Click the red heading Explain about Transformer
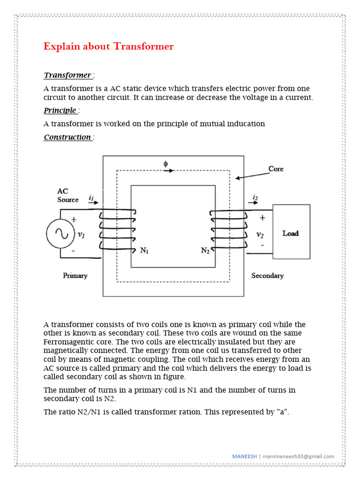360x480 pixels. click(108, 46)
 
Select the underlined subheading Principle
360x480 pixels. click(60, 111)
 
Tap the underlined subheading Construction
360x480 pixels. click(67, 137)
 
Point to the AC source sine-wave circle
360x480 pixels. click(60, 234)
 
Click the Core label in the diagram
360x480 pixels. click(276, 169)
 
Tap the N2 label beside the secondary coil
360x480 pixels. click(205, 250)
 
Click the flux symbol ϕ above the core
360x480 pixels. click(165, 164)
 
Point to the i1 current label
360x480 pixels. click(91, 198)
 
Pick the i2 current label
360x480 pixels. click(255, 198)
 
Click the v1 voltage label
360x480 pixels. click(81, 234)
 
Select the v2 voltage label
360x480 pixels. click(260, 235)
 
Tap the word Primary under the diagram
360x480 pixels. click(75, 276)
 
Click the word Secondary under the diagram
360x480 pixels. click(267, 276)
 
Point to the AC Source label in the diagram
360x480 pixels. click(68, 195)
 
